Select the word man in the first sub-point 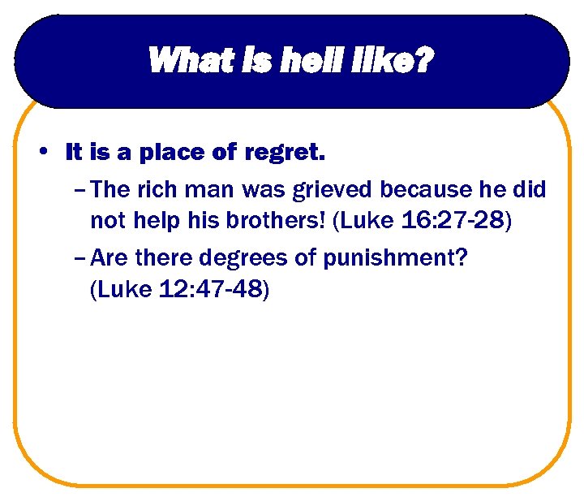[213, 191]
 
